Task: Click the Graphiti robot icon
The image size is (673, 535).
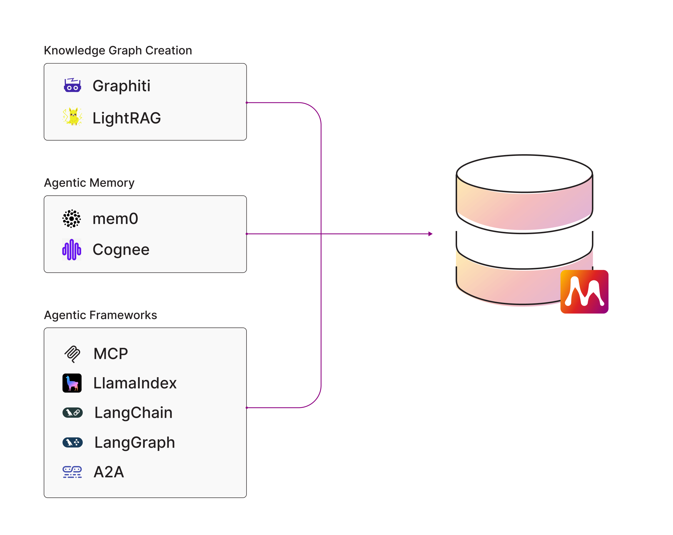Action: tap(72, 85)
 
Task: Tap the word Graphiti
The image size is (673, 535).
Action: tap(121, 86)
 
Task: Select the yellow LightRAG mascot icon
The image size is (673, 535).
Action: tap(72, 116)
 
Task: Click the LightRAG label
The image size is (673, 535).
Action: tap(126, 118)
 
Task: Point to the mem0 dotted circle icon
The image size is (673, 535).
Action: tap(72, 218)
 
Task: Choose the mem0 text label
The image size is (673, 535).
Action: tap(115, 218)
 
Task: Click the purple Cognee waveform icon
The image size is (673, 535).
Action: tap(72, 249)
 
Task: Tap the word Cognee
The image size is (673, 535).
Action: tap(121, 249)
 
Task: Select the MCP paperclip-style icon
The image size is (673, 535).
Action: tap(72, 354)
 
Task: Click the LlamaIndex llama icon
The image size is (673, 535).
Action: tap(72, 383)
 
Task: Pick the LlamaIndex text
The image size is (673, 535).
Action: tap(135, 383)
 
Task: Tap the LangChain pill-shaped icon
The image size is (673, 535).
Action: tap(72, 412)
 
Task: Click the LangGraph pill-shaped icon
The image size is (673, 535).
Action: tap(72, 442)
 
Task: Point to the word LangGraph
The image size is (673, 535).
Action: tap(134, 442)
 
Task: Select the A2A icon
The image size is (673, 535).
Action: tap(72, 472)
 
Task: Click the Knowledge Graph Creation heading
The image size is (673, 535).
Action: tap(118, 50)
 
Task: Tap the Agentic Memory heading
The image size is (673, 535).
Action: tap(89, 183)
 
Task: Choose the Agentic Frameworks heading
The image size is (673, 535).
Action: tap(100, 315)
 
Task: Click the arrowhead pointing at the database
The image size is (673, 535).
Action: tap(430, 234)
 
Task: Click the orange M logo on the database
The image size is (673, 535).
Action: tap(584, 291)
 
